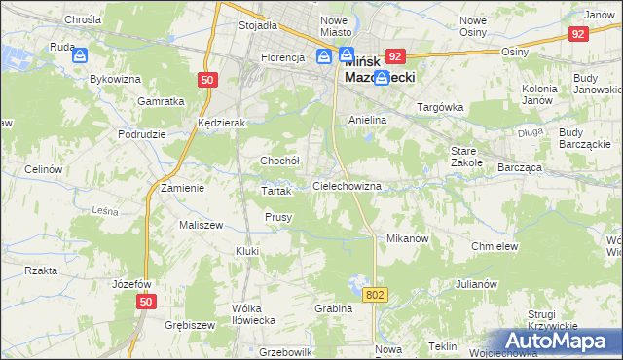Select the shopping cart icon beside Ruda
coord(79,57)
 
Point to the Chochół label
coord(279,161)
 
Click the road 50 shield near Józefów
coord(145,304)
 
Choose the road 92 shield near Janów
coord(578,34)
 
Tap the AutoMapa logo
coord(558,342)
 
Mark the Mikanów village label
coord(408,238)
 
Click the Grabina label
coord(333,308)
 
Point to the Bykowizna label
coord(109,80)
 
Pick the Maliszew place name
coord(174,225)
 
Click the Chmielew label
coord(494,246)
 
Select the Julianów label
coord(476,284)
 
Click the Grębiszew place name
coord(189,325)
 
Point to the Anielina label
coord(368,119)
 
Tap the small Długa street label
coord(531,132)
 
